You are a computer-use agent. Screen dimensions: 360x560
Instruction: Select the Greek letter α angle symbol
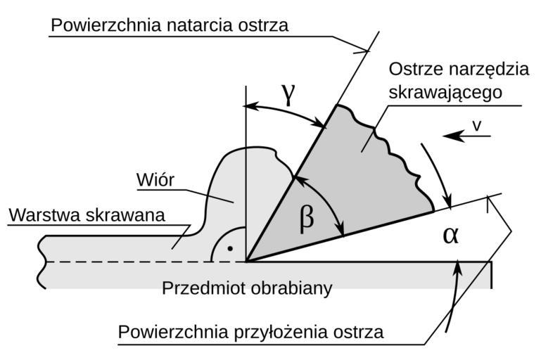450,234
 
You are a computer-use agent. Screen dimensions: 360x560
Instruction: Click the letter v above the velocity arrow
476,124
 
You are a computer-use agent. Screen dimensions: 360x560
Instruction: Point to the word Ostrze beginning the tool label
414,70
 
